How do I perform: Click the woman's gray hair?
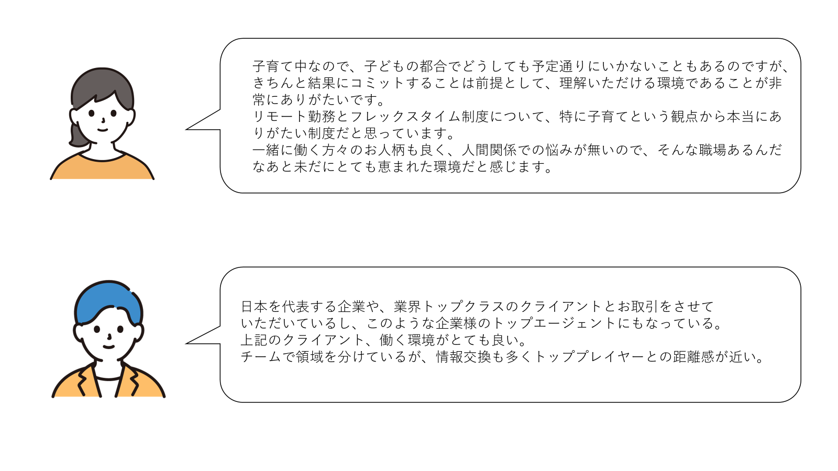pyautogui.click(x=102, y=84)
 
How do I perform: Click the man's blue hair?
pyautogui.click(x=108, y=299)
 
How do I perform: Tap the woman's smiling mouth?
pyautogui.click(x=103, y=130)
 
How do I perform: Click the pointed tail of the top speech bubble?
pyautogui.click(x=186, y=129)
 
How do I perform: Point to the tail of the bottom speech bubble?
pyautogui.click(x=186, y=343)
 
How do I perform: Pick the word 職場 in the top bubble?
pyautogui.click(x=712, y=150)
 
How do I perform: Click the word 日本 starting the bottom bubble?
pyautogui.click(x=255, y=307)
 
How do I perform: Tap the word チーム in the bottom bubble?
pyautogui.click(x=261, y=357)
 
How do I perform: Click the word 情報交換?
pyautogui.click(x=463, y=357)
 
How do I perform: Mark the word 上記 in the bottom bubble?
pyautogui.click(x=255, y=340)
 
